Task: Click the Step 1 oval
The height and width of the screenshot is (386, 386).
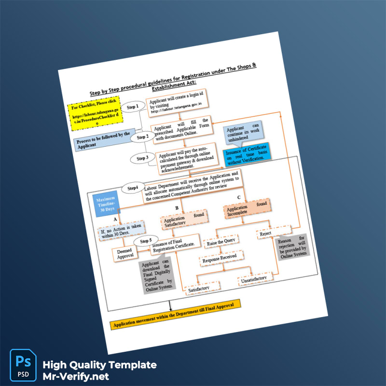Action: pos(133,106)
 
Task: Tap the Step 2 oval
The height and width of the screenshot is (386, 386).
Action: pos(142,137)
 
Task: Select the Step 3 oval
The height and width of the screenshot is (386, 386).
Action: pos(142,158)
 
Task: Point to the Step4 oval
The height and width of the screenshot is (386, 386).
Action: pos(133,187)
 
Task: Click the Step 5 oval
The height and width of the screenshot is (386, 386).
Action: pos(146,241)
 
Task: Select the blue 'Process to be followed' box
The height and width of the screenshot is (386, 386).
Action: pos(103,139)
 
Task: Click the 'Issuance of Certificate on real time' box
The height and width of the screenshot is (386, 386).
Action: pos(248,152)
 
